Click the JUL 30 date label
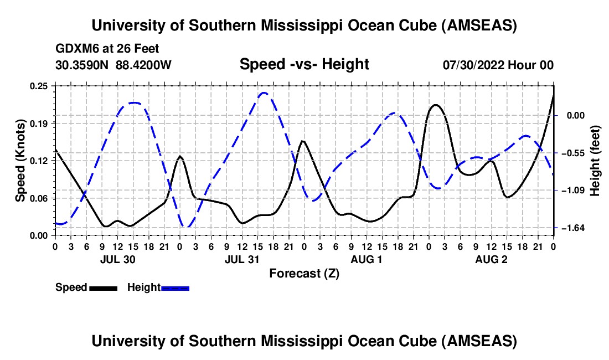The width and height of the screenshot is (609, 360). pyautogui.click(x=117, y=259)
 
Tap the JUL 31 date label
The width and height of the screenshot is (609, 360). pyautogui.click(x=242, y=259)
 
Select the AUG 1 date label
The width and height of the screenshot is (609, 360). pyautogui.click(x=367, y=259)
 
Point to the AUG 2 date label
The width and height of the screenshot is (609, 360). pyautogui.click(x=491, y=259)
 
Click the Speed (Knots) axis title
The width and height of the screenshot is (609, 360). pyautogui.click(x=20, y=161)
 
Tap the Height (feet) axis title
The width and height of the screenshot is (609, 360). pyautogui.click(x=596, y=161)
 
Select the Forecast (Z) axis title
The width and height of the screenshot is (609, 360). pyautogui.click(x=304, y=273)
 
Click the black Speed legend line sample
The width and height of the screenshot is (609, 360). pyautogui.click(x=103, y=287)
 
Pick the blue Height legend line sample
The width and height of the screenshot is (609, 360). pyautogui.click(x=175, y=287)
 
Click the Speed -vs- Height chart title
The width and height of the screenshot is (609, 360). pyautogui.click(x=304, y=65)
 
